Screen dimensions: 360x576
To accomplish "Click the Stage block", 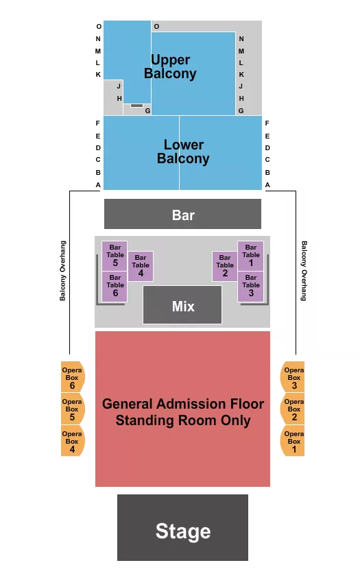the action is [x=182, y=527].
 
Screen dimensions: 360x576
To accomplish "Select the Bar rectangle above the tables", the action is [x=182, y=214].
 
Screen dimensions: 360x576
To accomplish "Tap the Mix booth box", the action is [x=182, y=305].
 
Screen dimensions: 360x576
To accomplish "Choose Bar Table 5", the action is [x=115, y=256].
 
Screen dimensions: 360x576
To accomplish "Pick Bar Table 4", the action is [x=141, y=266].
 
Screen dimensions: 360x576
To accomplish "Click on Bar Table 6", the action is [x=115, y=287].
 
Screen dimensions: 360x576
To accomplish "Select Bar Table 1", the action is [x=250, y=256].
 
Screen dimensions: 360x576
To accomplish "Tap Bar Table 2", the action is [x=225, y=266].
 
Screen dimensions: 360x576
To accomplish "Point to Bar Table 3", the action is [x=250, y=287].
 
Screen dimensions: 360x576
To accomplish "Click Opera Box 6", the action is [x=73, y=377].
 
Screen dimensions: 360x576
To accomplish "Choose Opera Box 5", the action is [x=73, y=409].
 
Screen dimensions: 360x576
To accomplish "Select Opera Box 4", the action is [x=73, y=441].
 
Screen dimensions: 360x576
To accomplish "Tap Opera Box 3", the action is [x=293, y=377].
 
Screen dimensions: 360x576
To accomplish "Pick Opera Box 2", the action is [x=293, y=409].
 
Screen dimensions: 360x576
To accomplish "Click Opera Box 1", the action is [x=293, y=441].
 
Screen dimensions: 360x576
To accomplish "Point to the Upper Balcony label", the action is [x=170, y=67].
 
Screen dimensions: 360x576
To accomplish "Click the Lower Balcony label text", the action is [x=183, y=152].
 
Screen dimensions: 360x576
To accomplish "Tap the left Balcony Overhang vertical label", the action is [x=63, y=271].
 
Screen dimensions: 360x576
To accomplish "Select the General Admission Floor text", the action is [x=183, y=404].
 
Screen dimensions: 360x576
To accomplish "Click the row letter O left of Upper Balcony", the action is [x=99, y=27].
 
